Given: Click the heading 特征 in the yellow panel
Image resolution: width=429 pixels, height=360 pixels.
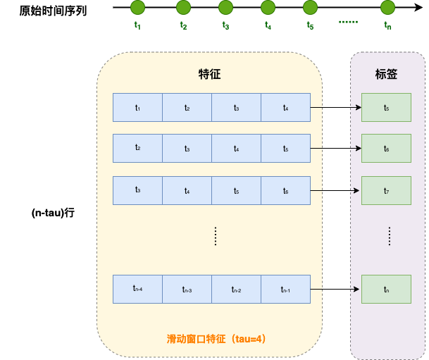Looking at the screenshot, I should coord(210,74).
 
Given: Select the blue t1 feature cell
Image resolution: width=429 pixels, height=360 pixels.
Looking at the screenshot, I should coord(137,107).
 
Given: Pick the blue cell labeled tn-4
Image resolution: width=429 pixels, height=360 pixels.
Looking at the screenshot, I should coord(137,289).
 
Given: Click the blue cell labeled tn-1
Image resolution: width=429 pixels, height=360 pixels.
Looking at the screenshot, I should coord(285,289).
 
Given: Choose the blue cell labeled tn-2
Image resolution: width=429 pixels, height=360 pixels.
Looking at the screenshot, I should coord(236,289).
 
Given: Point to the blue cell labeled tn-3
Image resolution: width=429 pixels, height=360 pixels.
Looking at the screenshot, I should coord(187,289).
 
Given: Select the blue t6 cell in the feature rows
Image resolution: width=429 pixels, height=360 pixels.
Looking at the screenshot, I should coord(285,190).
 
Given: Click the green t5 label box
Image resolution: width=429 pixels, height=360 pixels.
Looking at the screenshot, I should coord(386,107).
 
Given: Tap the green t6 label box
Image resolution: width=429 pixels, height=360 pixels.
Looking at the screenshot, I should coord(386,149).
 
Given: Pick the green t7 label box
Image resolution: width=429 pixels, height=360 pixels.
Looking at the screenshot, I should coord(386,190).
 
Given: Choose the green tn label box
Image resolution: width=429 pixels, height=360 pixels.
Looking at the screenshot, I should coord(386,289).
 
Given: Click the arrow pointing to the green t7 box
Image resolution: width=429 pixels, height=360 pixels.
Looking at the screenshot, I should coord(336,190).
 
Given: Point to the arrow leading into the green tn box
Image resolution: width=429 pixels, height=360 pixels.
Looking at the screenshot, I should coord(336,289).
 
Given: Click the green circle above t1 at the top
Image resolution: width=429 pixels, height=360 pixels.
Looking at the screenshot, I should coord(137,8).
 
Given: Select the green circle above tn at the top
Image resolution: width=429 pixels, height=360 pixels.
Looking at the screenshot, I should coord(387,8).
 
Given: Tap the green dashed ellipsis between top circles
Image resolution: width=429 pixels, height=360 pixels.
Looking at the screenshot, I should coord(348,22).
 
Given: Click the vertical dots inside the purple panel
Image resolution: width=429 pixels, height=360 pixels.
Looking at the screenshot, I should coord(390,236).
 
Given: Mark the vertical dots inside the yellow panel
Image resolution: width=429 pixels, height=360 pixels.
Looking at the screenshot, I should coord(216,236).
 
